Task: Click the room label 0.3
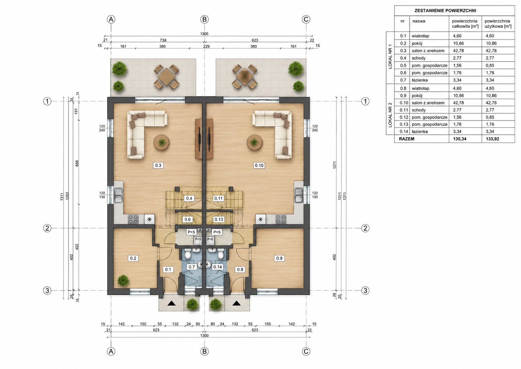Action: pos(158,165)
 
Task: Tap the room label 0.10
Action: pos(259,165)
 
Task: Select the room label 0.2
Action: pos(133,258)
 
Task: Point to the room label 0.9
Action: pos(279,258)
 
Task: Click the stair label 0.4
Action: pos(189,198)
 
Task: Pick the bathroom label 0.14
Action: pos(217,267)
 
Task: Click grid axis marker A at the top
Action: pos(111,19)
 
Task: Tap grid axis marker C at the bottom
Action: pos(306,351)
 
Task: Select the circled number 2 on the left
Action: pos(47,228)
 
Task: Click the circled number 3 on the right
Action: pos(365,291)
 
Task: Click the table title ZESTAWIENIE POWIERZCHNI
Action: pos(445,11)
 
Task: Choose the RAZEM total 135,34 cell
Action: pos(460,139)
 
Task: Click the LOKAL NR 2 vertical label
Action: pos(390,115)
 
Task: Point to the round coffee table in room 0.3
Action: pos(162,142)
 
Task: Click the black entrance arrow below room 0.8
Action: pos(237,303)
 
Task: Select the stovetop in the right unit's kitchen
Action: pos(281,219)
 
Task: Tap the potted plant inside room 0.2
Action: pos(123,280)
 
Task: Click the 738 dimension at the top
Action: pos(163,40)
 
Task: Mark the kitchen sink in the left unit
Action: pos(118,195)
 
